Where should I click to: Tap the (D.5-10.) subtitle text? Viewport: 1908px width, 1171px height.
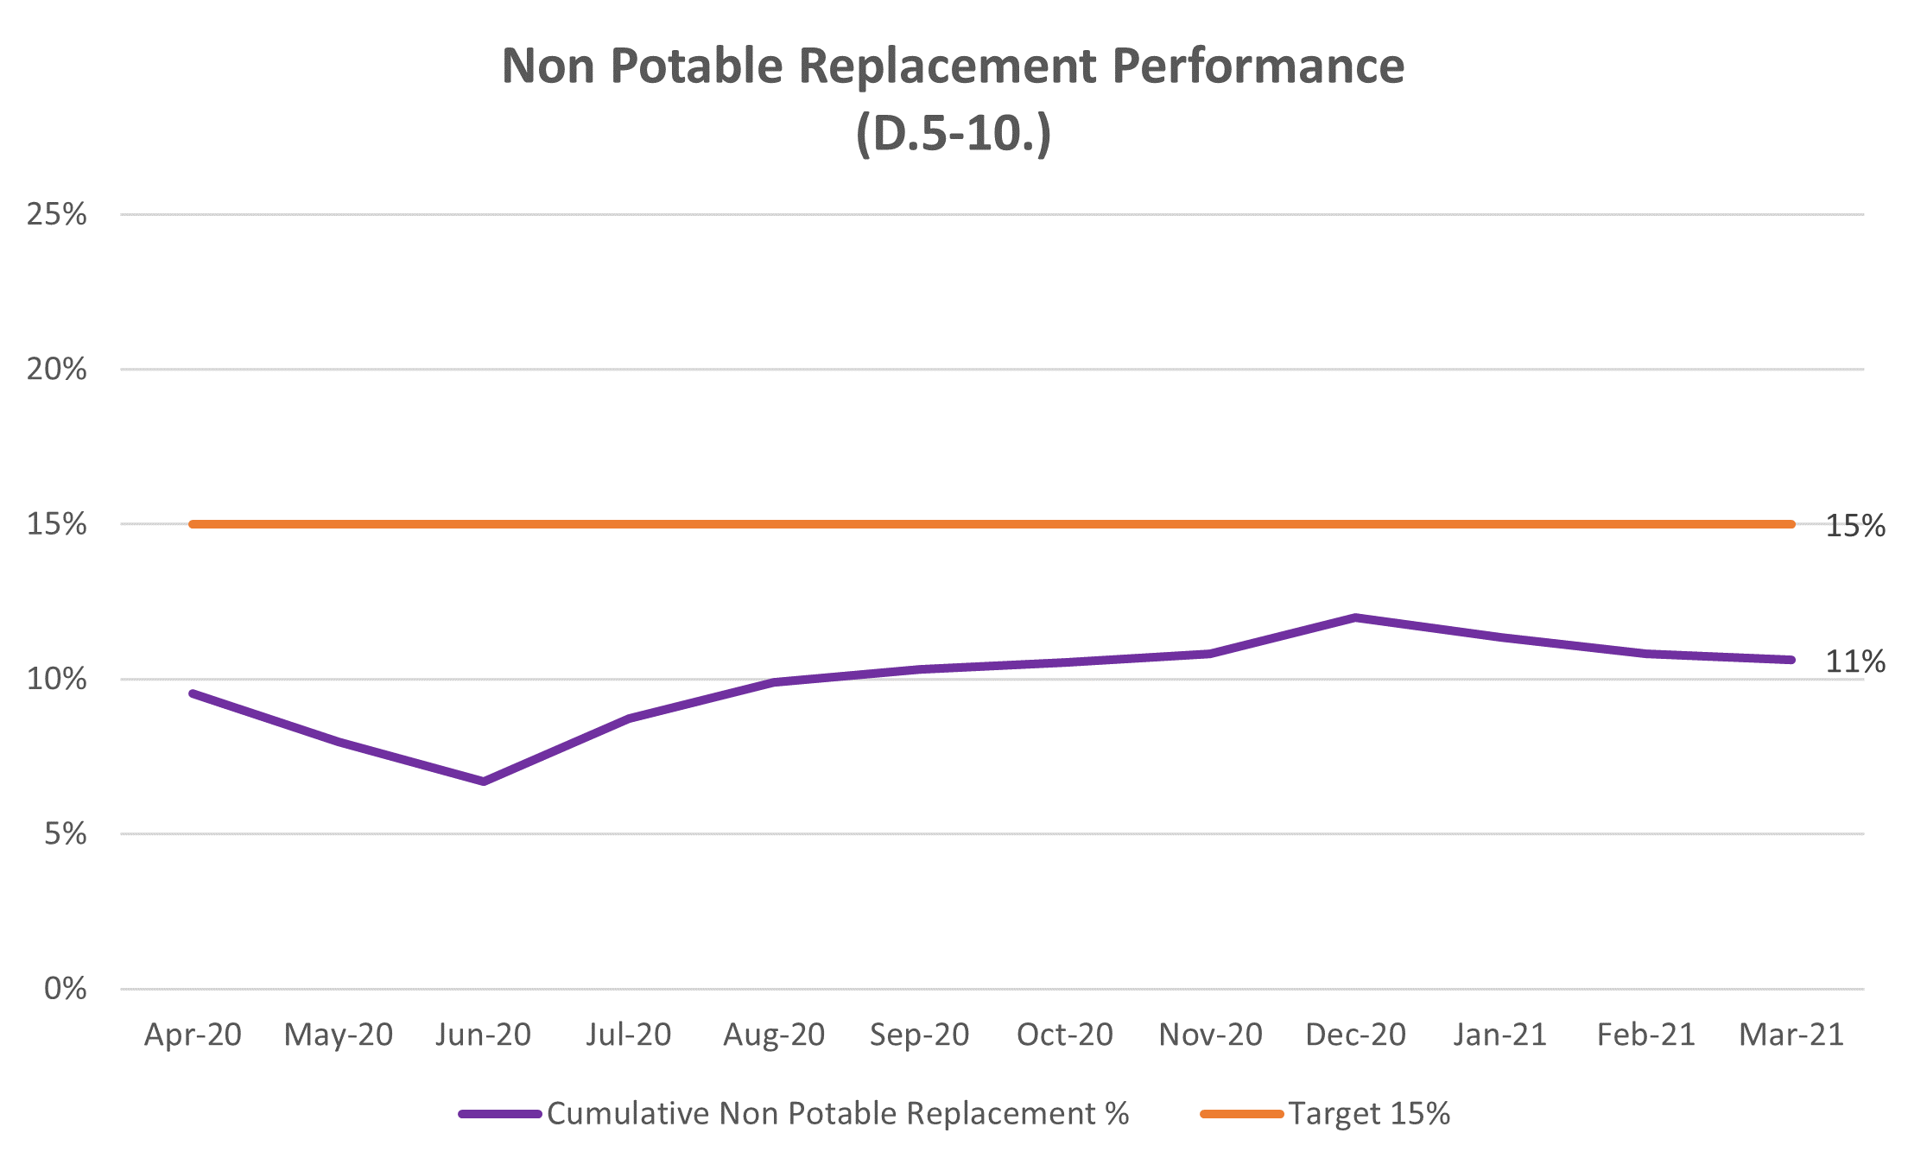[954, 134]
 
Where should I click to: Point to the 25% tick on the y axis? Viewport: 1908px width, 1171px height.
[57, 214]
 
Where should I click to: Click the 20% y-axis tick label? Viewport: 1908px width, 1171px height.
[57, 370]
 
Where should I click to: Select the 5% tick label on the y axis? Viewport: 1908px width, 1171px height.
[66, 834]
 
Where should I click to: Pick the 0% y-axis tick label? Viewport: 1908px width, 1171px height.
[66, 989]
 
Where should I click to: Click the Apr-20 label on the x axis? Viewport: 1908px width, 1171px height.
[193, 1035]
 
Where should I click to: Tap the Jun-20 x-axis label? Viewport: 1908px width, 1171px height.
[483, 1035]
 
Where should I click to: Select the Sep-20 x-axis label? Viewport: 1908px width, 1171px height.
[919, 1035]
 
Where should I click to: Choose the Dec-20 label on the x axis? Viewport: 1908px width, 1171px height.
[1355, 1035]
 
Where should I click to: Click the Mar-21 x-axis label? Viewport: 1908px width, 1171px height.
[1791, 1035]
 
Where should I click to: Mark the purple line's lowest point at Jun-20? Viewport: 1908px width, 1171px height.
[484, 782]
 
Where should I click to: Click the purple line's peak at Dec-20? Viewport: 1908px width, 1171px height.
[1355, 617]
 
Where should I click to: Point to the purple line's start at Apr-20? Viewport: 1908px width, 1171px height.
[193, 693]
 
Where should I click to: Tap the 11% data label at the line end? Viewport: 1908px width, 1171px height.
[1854, 662]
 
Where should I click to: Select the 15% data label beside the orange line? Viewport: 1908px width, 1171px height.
[1854, 526]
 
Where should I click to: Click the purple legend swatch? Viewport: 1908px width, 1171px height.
[500, 1114]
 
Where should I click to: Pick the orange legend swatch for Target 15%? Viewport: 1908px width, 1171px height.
[1241, 1114]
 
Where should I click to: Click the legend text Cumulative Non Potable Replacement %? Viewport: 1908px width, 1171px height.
[838, 1114]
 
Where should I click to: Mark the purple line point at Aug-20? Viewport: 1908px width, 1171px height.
[774, 682]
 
